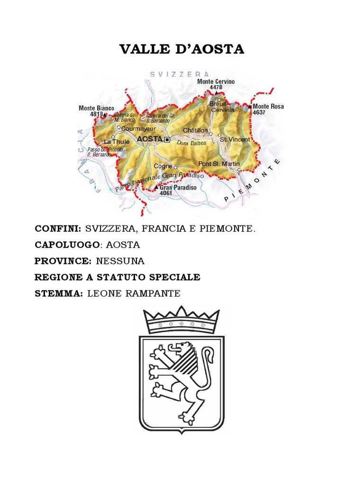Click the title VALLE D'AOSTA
(182, 49)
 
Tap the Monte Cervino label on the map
(216, 81)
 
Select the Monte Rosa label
(268, 107)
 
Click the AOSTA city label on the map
(149, 139)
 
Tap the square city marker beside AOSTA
(167, 139)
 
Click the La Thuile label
(113, 142)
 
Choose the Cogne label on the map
(163, 166)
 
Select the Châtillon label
(195, 129)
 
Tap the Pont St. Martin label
(219, 163)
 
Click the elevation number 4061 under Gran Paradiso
(166, 193)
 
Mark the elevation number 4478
(216, 87)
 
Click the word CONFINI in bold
(57, 229)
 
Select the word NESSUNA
(120, 261)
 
